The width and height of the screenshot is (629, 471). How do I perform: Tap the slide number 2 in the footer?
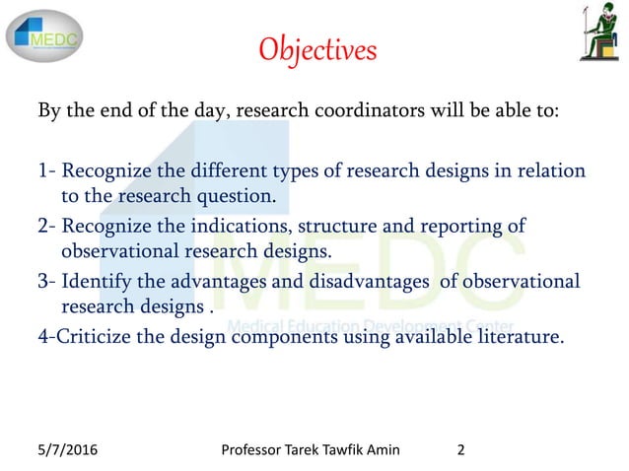(x=462, y=453)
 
